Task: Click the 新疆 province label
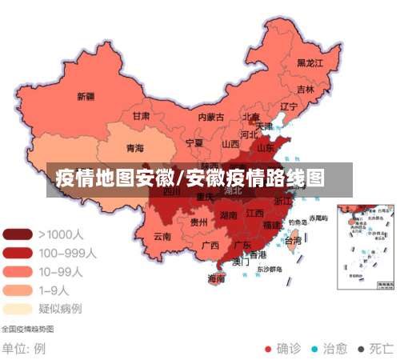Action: [86, 97]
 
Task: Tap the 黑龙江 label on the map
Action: [310, 62]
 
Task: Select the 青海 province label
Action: [135, 149]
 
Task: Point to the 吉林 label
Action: [306, 90]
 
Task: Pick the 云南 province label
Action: [162, 236]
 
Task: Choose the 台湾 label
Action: [294, 240]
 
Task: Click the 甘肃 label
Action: [141, 116]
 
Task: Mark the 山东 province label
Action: [265, 148]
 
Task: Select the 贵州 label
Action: [199, 223]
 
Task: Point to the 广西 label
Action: [211, 245]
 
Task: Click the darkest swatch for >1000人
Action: [18, 235]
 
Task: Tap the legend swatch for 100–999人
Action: [18, 253]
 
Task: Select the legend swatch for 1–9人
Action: [18, 290]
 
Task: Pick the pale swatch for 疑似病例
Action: [18, 308]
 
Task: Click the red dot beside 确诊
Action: [268, 349]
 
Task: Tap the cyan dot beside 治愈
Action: [314, 349]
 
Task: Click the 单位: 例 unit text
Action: [23, 349]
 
